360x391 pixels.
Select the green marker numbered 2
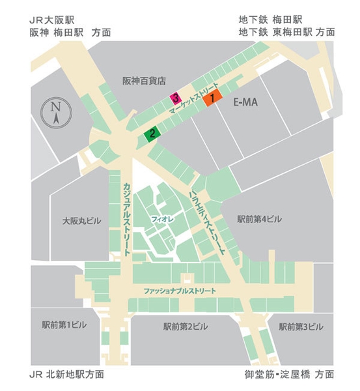(x=152, y=134)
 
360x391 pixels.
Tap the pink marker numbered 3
(x=175, y=99)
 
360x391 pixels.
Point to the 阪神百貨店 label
(x=145, y=81)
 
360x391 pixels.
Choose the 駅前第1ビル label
(x=64, y=325)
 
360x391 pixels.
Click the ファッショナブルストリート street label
(x=180, y=290)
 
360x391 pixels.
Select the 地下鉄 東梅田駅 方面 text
(x=286, y=31)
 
